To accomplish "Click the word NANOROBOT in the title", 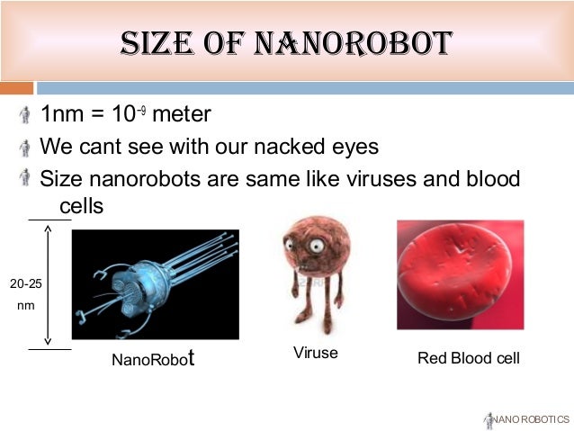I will click(354, 42).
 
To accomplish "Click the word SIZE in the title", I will click(161, 42).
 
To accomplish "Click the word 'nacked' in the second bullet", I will click(300, 146).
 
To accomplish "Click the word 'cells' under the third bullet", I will click(81, 206).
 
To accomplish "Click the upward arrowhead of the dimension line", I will click(48, 229).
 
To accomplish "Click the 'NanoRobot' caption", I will click(153, 360).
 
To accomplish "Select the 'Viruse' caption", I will click(315, 353).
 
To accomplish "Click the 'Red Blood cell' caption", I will click(468, 358).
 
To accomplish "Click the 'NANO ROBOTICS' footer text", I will click(532, 419).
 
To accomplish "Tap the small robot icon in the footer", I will click(489, 419).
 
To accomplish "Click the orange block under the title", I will click(16, 88).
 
